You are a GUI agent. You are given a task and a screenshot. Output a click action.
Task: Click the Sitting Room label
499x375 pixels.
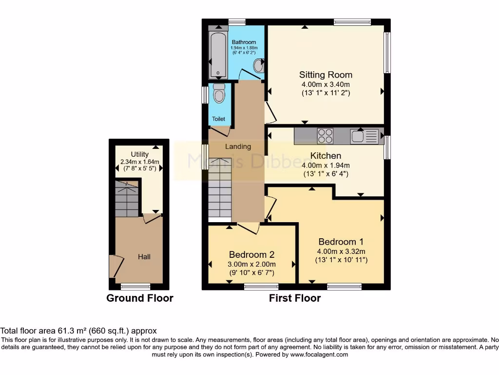pos(326,75)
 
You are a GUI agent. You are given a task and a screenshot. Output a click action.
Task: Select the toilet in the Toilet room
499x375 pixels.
pos(219,94)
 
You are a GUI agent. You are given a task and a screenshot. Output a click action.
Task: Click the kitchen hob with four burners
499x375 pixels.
pos(325,135)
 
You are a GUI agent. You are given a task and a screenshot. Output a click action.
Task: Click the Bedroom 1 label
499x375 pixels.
pos(341,242)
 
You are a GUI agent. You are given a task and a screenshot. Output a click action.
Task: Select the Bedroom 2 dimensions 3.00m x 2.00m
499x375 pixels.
pos(251,264)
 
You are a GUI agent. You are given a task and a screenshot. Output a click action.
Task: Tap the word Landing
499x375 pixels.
pos(238,146)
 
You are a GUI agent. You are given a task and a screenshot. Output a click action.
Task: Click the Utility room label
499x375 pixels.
pos(139,154)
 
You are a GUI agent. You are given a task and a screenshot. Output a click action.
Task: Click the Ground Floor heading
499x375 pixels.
pos(140,298)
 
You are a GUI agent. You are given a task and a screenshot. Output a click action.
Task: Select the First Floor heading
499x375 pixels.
pos(295,298)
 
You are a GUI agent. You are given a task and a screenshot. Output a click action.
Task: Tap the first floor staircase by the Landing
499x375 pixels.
pos(220,188)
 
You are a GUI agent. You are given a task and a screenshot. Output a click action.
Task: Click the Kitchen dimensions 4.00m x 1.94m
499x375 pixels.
pos(326,165)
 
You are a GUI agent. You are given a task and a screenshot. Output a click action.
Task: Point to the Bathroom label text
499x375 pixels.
pos(243,42)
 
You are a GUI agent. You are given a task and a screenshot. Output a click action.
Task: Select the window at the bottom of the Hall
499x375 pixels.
pos(135,286)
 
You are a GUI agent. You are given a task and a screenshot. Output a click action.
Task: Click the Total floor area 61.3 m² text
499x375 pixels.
pos(78,331)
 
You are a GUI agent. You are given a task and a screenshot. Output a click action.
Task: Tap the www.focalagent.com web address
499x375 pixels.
pos(319,354)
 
